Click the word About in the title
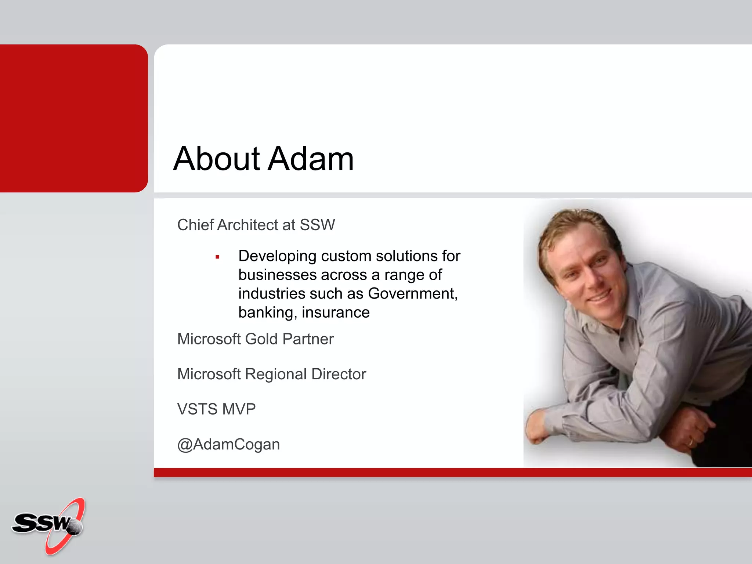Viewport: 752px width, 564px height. [217, 159]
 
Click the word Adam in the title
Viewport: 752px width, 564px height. [311, 159]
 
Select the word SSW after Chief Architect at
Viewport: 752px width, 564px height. [317, 225]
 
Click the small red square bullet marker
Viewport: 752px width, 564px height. [217, 257]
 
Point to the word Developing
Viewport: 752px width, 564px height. [277, 256]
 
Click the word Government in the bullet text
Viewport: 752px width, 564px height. [412, 294]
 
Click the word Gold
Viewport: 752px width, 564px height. [261, 339]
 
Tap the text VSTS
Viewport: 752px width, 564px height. [197, 409]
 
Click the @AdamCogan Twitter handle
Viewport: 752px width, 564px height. [228, 444]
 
